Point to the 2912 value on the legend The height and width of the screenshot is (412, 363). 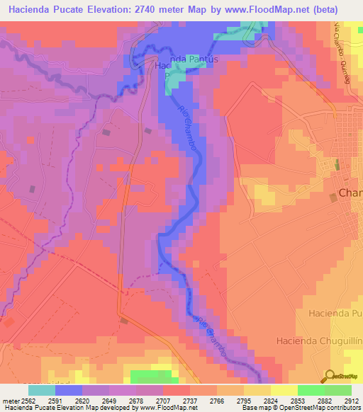point(352,400)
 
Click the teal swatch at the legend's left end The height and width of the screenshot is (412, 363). point(41,390)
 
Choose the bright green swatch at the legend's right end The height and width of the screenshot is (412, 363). point(338,390)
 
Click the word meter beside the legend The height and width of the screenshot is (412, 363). point(9,400)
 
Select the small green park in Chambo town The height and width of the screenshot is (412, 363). point(337,164)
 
